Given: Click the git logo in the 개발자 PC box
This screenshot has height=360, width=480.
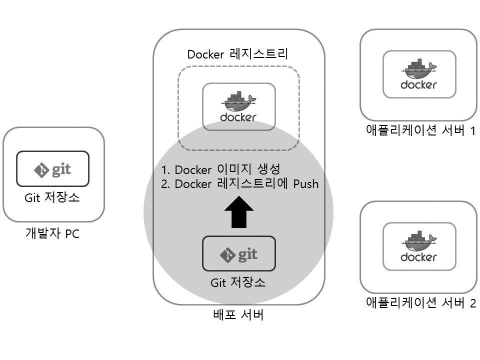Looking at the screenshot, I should (x=53, y=169).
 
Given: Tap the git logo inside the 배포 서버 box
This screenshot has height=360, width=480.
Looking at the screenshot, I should (x=238, y=254).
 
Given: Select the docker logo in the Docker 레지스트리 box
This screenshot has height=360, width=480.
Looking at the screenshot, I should (x=238, y=107).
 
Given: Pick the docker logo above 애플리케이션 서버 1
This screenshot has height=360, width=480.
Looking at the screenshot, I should (x=418, y=74).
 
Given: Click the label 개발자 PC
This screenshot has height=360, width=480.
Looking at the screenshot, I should (x=52, y=233).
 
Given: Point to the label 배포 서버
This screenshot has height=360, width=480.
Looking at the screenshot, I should (x=238, y=315).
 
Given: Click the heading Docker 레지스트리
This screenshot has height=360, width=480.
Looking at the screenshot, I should (x=238, y=54).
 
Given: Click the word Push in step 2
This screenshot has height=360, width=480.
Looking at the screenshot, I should (x=305, y=183).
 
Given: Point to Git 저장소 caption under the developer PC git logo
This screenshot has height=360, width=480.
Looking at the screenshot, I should (x=52, y=198).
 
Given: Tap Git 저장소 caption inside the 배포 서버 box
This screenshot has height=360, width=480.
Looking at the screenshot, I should (x=238, y=282).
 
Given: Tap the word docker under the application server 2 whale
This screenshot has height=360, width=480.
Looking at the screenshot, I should (x=418, y=257).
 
